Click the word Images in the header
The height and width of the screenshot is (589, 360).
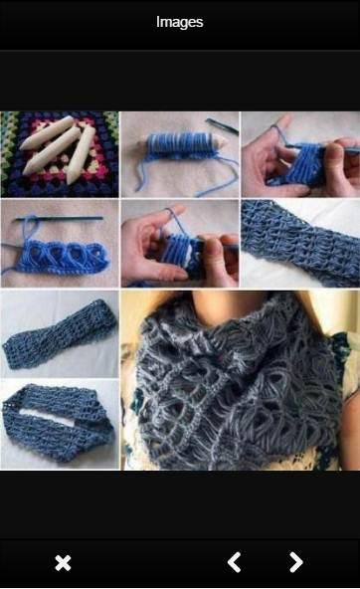point(179,22)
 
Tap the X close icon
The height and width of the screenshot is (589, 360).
point(63,563)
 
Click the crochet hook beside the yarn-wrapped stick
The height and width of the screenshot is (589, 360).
point(222,125)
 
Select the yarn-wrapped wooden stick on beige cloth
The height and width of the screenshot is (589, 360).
point(185,145)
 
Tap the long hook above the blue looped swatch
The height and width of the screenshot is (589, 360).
point(59,218)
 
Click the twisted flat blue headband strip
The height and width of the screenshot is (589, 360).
point(60,334)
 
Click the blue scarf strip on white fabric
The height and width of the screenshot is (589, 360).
point(300,243)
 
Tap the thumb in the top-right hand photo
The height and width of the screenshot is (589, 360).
point(336,159)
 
